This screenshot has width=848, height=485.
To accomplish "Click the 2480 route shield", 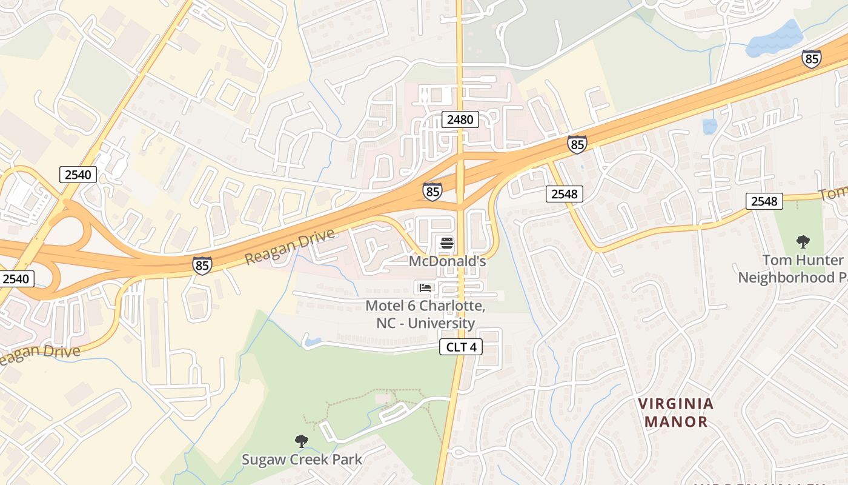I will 460,119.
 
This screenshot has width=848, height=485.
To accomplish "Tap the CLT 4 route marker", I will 460,347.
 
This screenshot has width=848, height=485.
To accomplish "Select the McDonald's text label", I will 447,261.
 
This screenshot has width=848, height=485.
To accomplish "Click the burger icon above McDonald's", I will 447,244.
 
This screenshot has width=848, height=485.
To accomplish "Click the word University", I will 441,323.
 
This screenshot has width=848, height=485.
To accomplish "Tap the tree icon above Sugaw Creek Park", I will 301,441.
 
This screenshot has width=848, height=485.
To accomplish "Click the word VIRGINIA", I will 676,404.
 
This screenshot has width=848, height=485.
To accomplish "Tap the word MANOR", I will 676,421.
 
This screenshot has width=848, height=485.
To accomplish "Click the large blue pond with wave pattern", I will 775,40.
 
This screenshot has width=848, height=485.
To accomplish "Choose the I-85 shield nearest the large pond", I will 811,58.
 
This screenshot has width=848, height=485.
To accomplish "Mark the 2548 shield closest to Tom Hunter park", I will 764,201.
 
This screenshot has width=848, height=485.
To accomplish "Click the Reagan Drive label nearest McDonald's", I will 290,247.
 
